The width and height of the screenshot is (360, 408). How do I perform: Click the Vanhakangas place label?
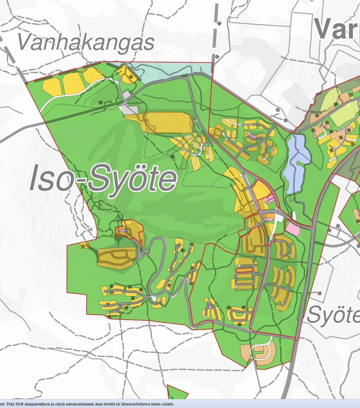tap(86, 42)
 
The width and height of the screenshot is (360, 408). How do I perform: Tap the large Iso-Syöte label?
tap(103, 178)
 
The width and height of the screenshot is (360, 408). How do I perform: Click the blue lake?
tap(296, 163)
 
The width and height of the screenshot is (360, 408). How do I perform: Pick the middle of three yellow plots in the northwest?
tap(73, 83)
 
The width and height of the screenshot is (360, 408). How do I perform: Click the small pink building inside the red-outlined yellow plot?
tap(123, 231)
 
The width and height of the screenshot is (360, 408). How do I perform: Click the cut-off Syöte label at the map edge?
tap(332, 315)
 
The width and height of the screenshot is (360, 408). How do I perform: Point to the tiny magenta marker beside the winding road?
tap(148, 254)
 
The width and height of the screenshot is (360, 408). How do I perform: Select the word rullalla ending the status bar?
tap(166, 404)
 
